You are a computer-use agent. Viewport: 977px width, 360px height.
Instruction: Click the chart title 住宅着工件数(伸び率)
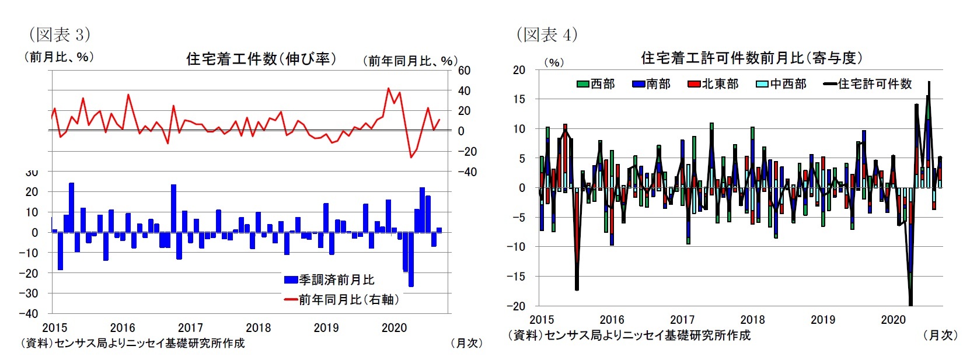(261, 58)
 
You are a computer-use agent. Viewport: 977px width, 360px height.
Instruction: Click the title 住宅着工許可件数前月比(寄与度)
(752, 58)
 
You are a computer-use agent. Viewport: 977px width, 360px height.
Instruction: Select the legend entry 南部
(651, 84)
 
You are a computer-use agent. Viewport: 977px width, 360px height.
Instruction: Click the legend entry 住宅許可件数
(868, 84)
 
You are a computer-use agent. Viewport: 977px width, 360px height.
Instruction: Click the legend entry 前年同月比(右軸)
(342, 299)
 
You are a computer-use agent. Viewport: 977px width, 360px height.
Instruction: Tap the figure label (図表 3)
(60, 34)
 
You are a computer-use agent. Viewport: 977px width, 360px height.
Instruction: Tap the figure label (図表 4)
(547, 34)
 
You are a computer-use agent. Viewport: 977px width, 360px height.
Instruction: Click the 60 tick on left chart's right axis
(464, 71)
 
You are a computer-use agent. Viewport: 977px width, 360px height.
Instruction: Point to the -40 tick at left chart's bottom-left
(28, 313)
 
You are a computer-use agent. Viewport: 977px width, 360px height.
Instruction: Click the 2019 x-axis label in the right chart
(823, 319)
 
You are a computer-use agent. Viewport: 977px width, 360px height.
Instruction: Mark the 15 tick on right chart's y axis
(519, 99)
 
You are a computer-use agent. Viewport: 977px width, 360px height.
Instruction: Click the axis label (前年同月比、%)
(410, 61)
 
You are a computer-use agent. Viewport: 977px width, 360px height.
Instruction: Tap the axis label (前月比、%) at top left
(58, 57)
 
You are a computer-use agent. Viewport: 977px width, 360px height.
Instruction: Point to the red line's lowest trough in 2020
(411, 157)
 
